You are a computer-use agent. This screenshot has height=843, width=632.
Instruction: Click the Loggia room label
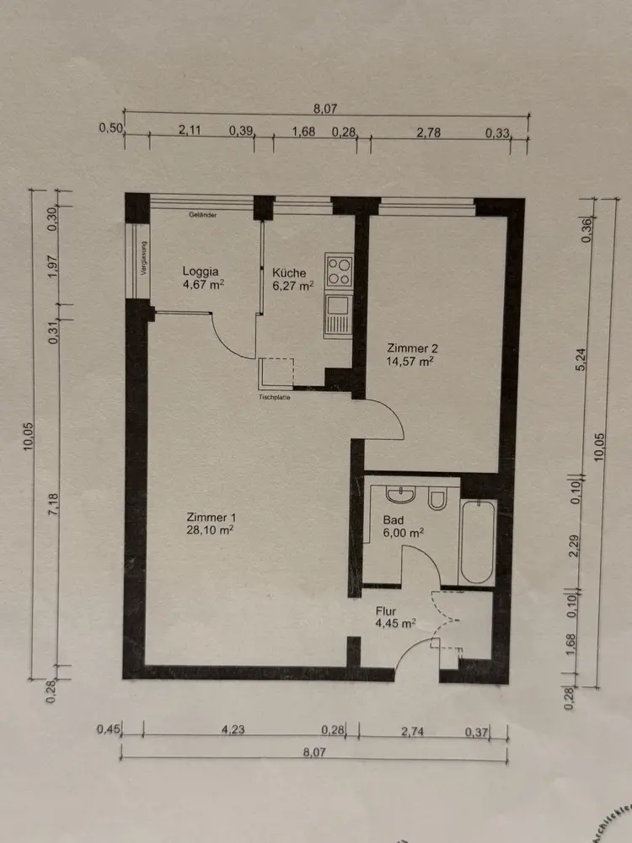pyautogui.click(x=201, y=271)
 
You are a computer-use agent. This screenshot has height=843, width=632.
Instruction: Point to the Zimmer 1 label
pyautogui.click(x=210, y=517)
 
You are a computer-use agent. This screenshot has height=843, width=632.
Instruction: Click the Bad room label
pyautogui.click(x=394, y=519)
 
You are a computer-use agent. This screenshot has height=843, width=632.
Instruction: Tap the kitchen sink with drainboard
pyautogui.click(x=337, y=315)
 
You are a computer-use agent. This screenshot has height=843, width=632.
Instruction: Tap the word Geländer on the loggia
pyautogui.click(x=203, y=215)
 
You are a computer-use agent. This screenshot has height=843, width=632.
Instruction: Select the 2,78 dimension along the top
pyautogui.click(x=431, y=131)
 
